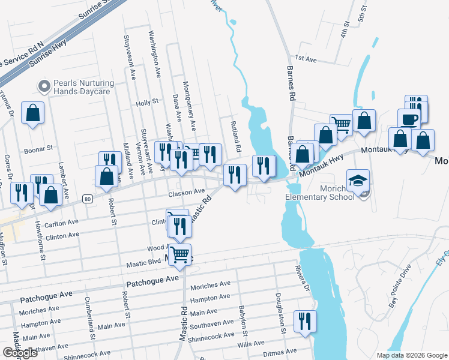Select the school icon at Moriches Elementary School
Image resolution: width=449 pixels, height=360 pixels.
point(358,181)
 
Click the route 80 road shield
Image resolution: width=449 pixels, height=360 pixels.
point(88,199)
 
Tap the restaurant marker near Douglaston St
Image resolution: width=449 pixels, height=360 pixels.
point(305,321)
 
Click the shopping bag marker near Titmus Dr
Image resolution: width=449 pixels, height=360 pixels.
point(32,112)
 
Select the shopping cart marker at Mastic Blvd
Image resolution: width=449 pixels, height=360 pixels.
point(179,255)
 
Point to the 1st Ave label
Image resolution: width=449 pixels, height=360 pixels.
point(305,59)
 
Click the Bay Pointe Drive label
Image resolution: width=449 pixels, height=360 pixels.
point(400,284)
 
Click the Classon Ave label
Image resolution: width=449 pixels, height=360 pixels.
point(187,192)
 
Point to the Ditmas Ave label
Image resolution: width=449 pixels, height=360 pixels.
point(283,352)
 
